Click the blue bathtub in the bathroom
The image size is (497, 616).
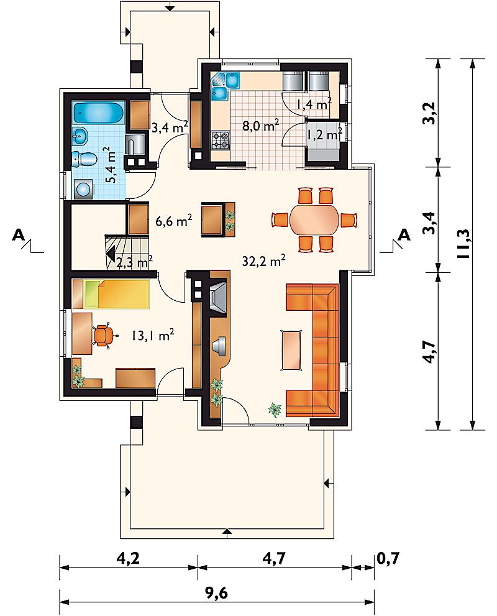(99, 113)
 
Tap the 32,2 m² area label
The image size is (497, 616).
(263, 261)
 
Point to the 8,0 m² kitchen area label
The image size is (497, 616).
(260, 126)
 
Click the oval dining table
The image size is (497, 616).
(314, 219)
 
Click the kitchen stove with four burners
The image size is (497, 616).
(221, 140)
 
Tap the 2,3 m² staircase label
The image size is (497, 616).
(135, 262)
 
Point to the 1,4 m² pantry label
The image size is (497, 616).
(314, 104)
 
